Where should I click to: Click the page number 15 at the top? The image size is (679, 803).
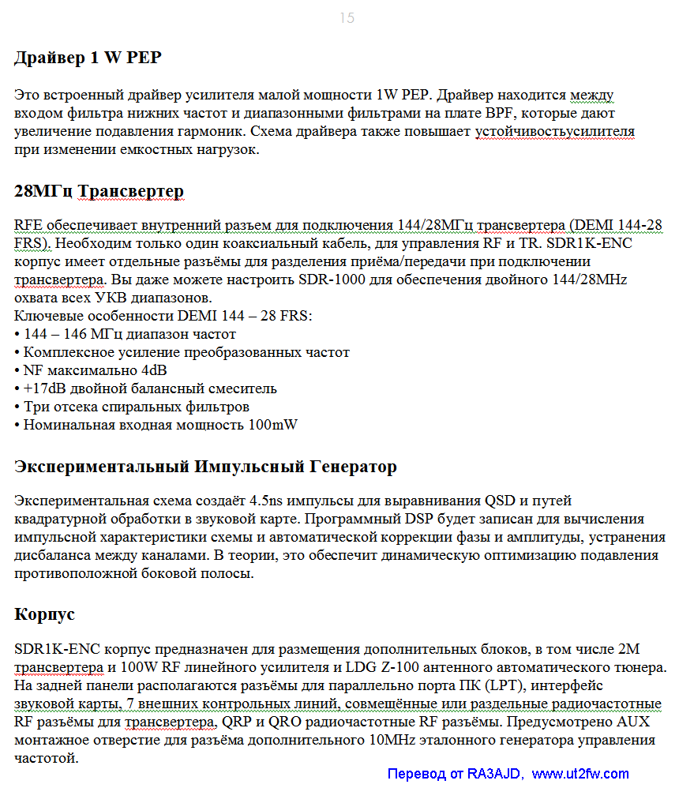pos(347,18)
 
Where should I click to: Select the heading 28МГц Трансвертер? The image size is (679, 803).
pos(99,191)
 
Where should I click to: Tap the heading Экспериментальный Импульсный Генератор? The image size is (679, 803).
pos(205,467)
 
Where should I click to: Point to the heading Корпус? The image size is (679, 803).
pos(45,614)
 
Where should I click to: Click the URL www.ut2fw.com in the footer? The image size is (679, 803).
pos(580,774)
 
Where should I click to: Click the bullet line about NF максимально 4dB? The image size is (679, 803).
pos(95,370)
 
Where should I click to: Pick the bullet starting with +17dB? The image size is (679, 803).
pos(150,388)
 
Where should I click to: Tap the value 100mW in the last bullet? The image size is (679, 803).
pos(272,425)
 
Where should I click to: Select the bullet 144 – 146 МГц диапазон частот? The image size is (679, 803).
pos(129,334)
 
